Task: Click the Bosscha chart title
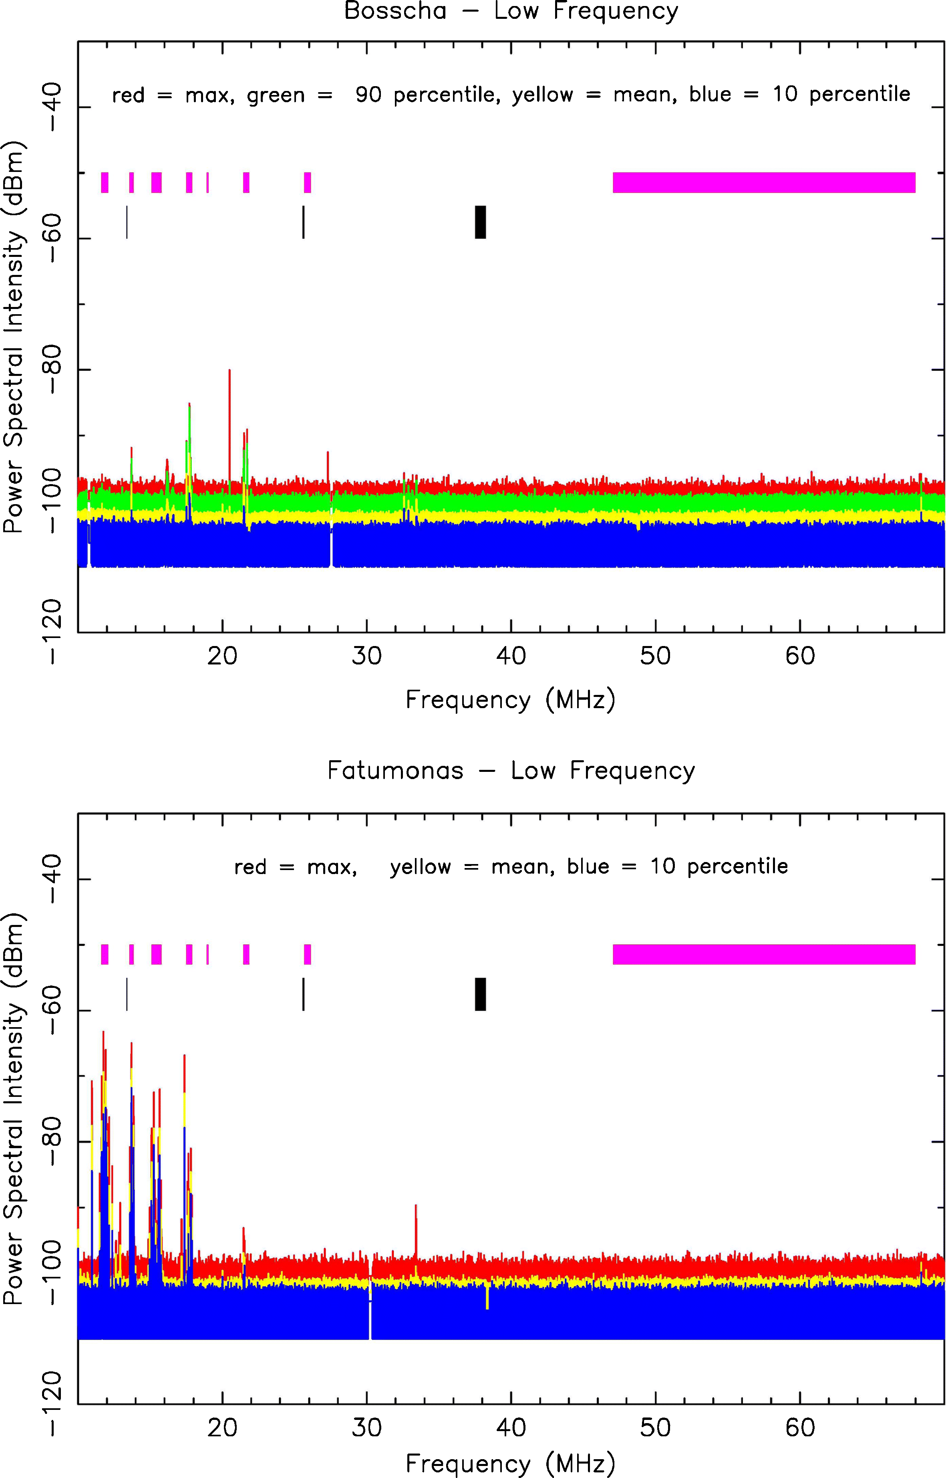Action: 511,11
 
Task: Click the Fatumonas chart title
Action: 511,770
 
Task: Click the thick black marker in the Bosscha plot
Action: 480,222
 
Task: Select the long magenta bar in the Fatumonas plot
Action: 764,954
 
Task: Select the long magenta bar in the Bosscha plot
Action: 764,182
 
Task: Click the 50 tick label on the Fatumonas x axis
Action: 656,1428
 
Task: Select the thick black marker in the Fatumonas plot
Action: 480,994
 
